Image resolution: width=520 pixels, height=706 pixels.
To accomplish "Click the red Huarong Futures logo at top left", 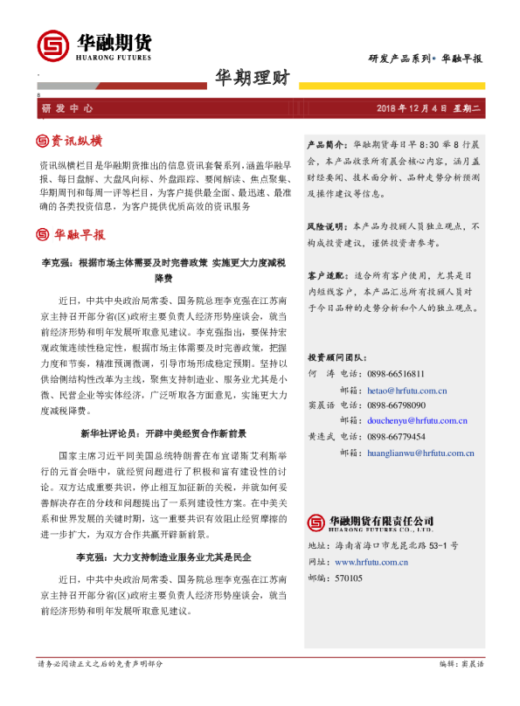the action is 52,45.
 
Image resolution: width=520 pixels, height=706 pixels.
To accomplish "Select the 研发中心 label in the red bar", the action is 67,108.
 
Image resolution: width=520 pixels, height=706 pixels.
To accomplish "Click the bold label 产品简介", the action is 327,141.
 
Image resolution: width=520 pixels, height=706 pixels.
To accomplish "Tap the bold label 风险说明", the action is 327,226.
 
